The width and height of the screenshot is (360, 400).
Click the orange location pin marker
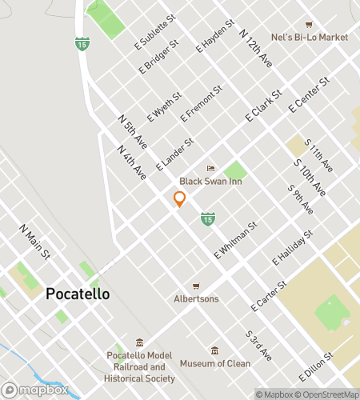(x=180, y=199)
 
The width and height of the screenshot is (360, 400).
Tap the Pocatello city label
(x=78, y=294)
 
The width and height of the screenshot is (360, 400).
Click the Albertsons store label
(x=196, y=298)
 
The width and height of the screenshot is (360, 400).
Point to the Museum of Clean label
(x=214, y=363)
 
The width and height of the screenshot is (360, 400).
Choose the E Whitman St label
(x=234, y=239)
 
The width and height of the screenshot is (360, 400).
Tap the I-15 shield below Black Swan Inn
(x=207, y=218)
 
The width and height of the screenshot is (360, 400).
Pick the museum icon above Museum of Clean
(x=214, y=350)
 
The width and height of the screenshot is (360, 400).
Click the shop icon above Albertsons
(x=195, y=286)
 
